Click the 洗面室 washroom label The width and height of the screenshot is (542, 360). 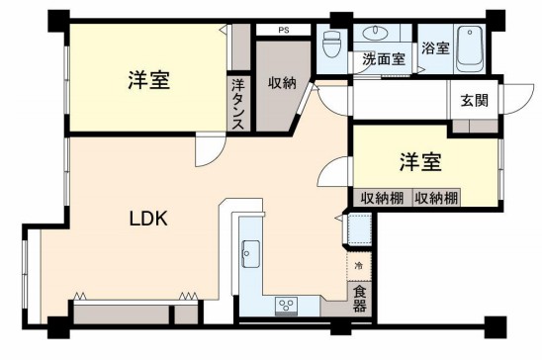(x=383, y=59)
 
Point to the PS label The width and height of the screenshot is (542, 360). (x=284, y=31)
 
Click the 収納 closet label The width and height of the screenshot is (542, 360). (x=282, y=83)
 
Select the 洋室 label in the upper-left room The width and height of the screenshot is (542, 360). (x=149, y=81)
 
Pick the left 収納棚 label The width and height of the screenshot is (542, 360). (x=380, y=198)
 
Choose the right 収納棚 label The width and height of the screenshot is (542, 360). (x=435, y=198)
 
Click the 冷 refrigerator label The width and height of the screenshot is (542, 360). (x=358, y=266)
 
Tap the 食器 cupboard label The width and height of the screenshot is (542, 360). (x=359, y=298)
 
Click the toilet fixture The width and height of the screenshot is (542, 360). (x=331, y=43)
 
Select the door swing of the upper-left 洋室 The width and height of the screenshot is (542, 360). (x=210, y=150)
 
